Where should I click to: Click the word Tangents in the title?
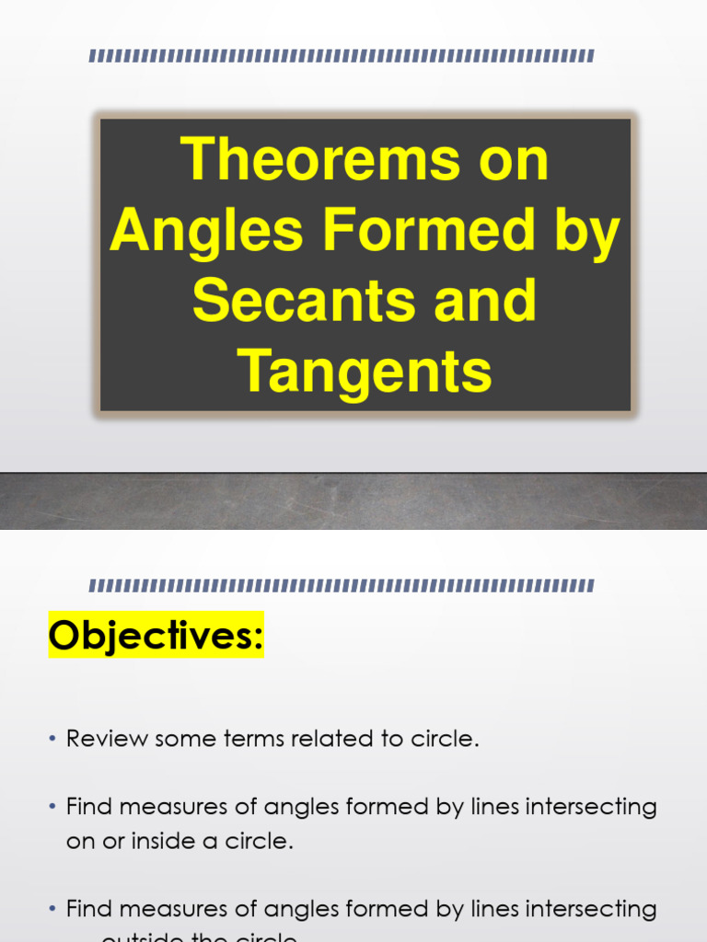(365, 371)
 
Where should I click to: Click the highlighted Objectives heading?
(156, 635)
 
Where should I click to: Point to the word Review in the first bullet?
(103, 740)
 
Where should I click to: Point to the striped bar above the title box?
(342, 56)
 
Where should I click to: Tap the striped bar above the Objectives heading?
(342, 585)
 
